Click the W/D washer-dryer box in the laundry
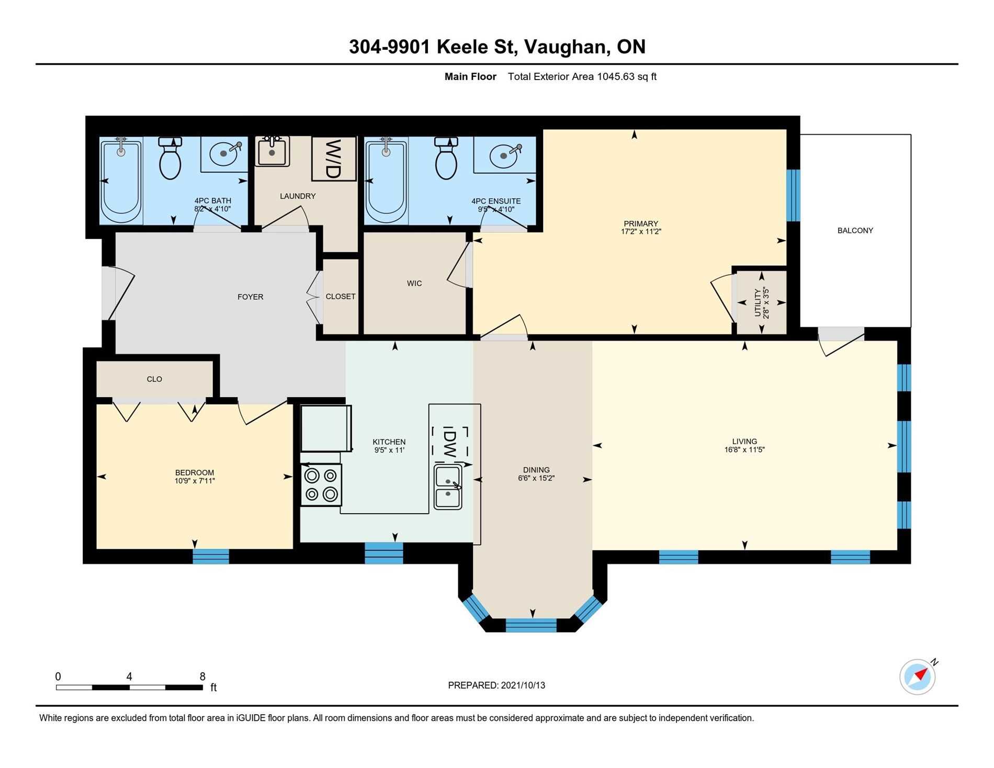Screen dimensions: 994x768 (334, 159)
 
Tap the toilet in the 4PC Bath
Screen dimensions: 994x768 (170, 158)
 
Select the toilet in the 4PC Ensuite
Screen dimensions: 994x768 (446, 158)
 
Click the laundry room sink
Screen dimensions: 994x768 (272, 151)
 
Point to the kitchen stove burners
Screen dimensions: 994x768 (321, 485)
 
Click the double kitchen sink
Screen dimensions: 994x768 (448, 487)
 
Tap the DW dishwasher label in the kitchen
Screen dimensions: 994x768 (449, 442)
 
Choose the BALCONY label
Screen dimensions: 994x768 (855, 230)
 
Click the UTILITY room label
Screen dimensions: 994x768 (758, 303)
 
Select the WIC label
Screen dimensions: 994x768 (414, 284)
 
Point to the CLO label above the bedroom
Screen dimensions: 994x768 (154, 379)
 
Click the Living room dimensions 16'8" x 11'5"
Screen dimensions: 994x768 (744, 449)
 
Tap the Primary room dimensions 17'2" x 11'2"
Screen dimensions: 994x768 (641, 231)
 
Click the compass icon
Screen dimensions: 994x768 (918, 676)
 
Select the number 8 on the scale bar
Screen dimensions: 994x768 (202, 676)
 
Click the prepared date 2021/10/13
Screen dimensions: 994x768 (523, 685)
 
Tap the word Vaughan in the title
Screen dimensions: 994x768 (567, 47)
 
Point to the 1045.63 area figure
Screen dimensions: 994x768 (616, 77)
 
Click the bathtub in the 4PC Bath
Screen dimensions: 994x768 (121, 180)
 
